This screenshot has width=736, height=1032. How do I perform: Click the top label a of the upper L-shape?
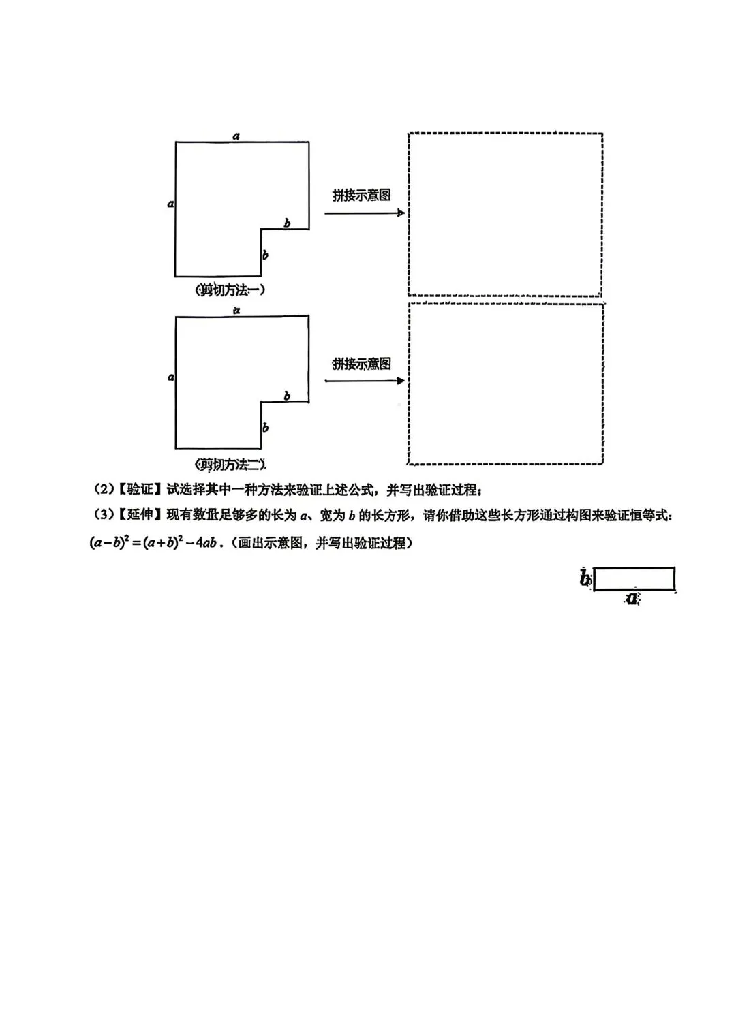236,136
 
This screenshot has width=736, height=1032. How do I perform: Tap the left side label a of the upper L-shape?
170,203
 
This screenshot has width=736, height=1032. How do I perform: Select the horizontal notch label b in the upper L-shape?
287,223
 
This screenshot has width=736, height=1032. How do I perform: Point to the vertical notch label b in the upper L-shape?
265,255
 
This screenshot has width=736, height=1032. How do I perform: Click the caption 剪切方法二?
230,465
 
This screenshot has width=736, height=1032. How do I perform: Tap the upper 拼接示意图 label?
361,196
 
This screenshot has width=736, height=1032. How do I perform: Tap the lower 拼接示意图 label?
361,364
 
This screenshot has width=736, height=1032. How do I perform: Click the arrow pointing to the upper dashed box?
365,213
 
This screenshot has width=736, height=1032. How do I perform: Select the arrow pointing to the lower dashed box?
365,381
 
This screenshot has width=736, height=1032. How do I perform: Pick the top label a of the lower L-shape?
236,311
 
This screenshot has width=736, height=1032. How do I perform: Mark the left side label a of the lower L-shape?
170,377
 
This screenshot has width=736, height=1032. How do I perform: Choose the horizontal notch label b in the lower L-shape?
287,396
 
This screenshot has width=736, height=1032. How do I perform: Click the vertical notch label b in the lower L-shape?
265,428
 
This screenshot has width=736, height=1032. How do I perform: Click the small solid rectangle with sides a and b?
634,579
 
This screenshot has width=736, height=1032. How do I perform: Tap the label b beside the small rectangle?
585,579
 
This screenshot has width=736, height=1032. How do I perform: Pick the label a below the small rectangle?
633,599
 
